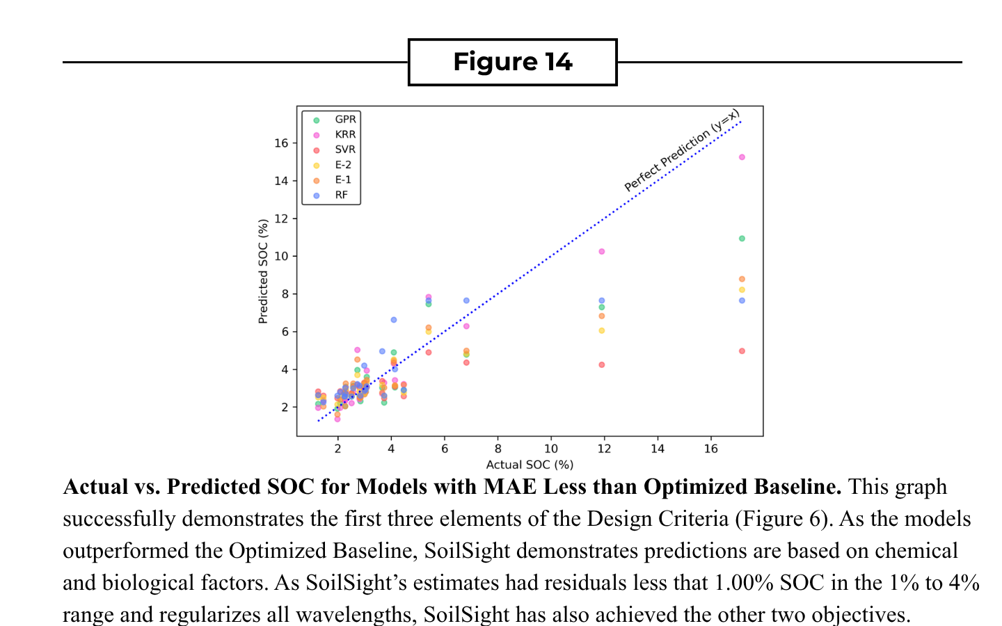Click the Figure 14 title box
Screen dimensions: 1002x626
(x=512, y=62)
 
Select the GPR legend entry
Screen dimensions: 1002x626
(x=335, y=120)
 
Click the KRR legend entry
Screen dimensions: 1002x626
(x=335, y=135)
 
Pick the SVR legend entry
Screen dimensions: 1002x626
(x=335, y=150)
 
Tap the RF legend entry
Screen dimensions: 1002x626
(x=331, y=195)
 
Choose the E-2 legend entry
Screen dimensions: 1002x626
(x=333, y=165)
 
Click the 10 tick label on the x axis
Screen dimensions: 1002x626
(x=551, y=449)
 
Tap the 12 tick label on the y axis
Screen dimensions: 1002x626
(x=281, y=218)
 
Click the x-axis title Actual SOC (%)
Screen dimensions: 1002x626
(x=530, y=465)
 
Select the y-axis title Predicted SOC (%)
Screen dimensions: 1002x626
(x=263, y=271)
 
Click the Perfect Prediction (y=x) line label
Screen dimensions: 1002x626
(x=682, y=151)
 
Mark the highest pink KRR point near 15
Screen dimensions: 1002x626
(x=742, y=157)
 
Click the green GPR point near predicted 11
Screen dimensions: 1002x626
(x=742, y=239)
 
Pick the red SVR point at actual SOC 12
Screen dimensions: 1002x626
(x=602, y=365)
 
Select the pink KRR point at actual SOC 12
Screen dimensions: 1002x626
(x=602, y=252)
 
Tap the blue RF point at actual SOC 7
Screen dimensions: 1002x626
(x=466, y=301)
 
